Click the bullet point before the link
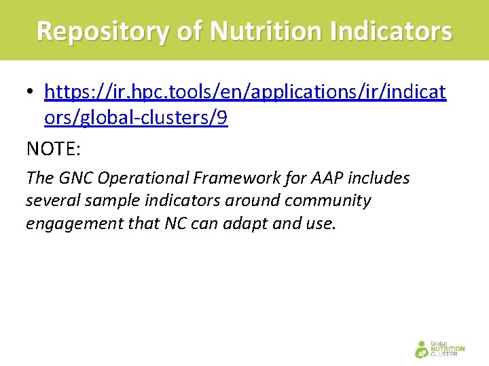31,92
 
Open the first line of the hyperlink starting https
244,91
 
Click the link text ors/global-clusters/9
136,119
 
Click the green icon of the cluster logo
422,349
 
